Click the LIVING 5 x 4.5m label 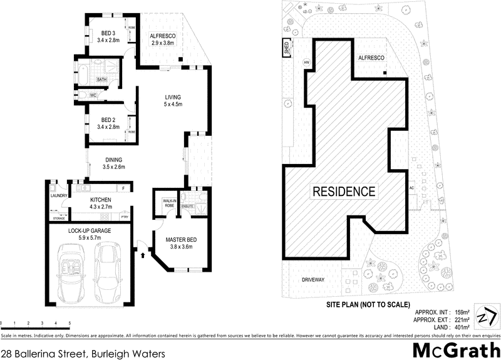pyautogui.click(x=173, y=101)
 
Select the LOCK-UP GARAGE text pyautogui.click(x=89, y=230)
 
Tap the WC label pyautogui.click(x=93, y=95)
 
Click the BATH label pyautogui.click(x=101, y=80)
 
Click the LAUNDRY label pyautogui.click(x=59, y=195)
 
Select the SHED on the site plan pyautogui.click(x=287, y=49)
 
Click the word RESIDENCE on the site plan pyautogui.click(x=344, y=191)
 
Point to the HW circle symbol pyautogui.click(x=306, y=63)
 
